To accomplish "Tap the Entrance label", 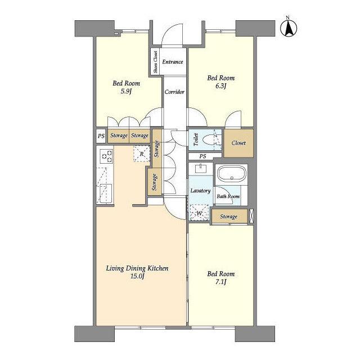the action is (173, 62).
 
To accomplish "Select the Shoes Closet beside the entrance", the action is (155, 61).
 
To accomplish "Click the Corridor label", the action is (174, 92).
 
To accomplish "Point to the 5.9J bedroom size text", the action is (126, 92).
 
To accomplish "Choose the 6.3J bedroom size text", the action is (220, 86).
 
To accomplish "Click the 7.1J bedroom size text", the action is (220, 282).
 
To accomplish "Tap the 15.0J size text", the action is (137, 276).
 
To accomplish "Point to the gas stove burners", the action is (107, 156).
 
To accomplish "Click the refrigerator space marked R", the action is (142, 154).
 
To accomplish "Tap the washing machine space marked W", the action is (199, 213).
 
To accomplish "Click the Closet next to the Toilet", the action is (238, 143).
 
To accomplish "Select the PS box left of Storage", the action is (101, 136).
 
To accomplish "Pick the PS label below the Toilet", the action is (202, 156).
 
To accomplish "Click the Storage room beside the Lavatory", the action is (229, 216).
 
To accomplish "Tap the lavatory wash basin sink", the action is (201, 168).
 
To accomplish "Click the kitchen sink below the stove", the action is (106, 193).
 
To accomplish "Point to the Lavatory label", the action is (200, 191).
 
